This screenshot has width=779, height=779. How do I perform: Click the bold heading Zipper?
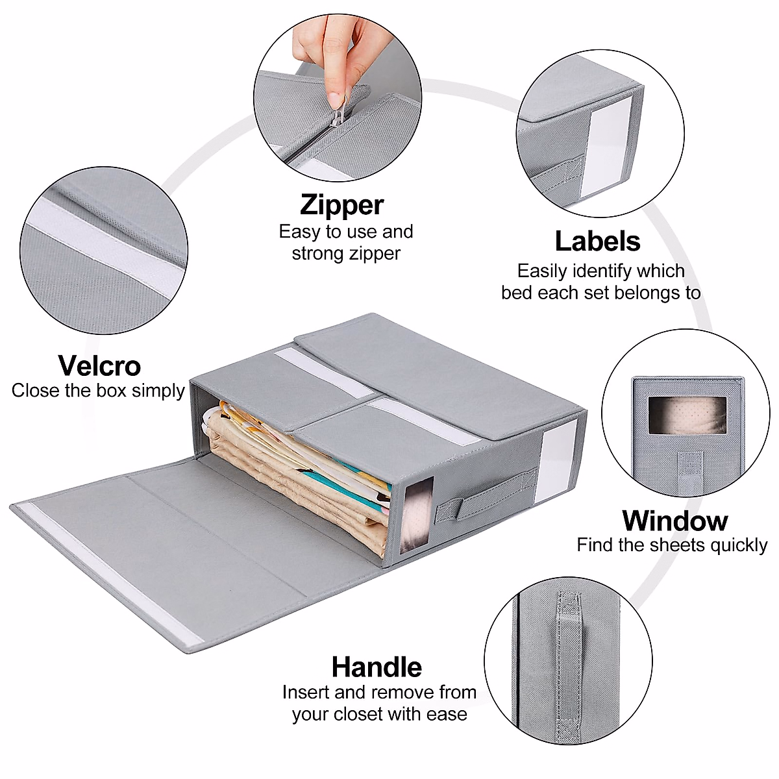tap(342, 204)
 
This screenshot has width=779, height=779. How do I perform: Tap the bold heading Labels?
tap(597, 241)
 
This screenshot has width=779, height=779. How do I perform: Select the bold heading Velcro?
tap(99, 365)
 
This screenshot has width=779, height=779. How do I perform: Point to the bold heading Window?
tap(675, 521)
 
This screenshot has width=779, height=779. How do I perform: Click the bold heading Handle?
tap(377, 667)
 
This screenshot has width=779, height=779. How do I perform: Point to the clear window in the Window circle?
tap(679, 415)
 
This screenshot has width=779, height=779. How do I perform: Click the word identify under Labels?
tap(604, 271)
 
